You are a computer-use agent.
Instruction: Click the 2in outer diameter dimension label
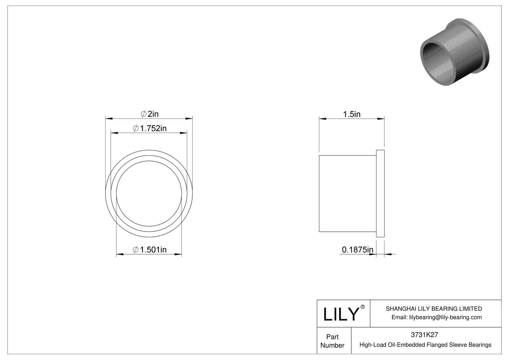pyautogui.click(x=150, y=114)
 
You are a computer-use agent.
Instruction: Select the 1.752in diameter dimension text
pyautogui.click(x=150, y=128)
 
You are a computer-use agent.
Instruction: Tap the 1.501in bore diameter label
pyautogui.click(x=150, y=250)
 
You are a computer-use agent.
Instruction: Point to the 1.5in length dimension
pyautogui.click(x=352, y=114)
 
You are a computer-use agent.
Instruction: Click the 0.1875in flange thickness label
pyautogui.click(x=357, y=250)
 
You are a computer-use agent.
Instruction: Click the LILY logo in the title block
pyautogui.click(x=341, y=314)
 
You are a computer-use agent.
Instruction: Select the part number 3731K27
pyautogui.click(x=424, y=335)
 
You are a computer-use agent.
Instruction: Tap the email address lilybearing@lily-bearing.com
pyautogui.click(x=436, y=317)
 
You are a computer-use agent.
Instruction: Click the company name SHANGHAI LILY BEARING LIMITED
pyautogui.click(x=434, y=309)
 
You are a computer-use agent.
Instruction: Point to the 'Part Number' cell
pyautogui.click(x=332, y=341)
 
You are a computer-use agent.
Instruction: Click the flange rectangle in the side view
pyautogui.click(x=380, y=193)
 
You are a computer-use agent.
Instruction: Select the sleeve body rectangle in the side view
pyautogui.click(x=348, y=193)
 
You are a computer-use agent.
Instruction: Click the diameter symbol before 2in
pyautogui.click(x=144, y=114)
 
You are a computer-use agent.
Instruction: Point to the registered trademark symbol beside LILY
pyautogui.click(x=363, y=307)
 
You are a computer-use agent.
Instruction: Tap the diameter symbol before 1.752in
pyautogui.click(x=136, y=129)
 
